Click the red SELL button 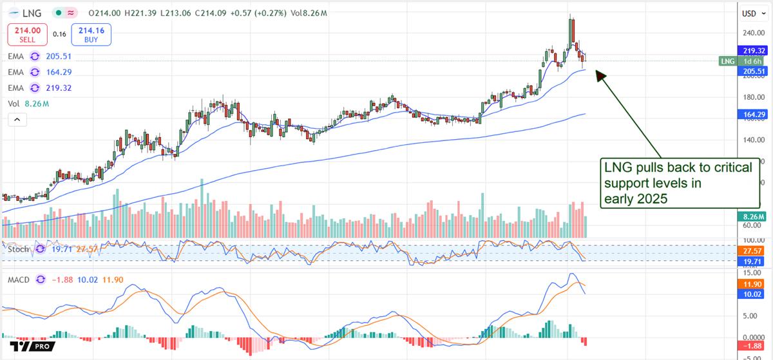pos(24,33)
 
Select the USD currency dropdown pos(750,14)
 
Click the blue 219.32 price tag pos(751,51)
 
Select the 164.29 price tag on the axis pos(751,114)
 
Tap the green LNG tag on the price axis pos(727,61)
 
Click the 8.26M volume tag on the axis pos(751,217)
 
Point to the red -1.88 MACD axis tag pos(751,346)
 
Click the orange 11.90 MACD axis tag pos(751,284)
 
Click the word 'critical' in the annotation pos(727,167)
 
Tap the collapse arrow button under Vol pos(16,120)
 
